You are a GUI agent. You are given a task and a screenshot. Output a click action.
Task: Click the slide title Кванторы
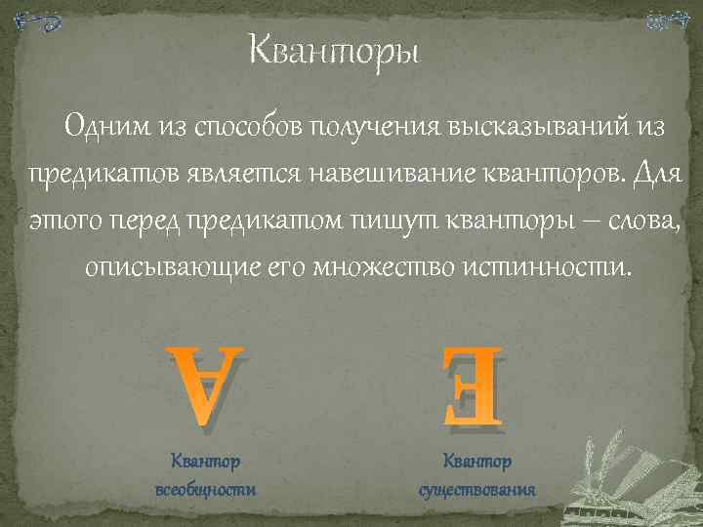[333, 48]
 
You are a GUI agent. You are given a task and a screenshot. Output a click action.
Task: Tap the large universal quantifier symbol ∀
[205, 385]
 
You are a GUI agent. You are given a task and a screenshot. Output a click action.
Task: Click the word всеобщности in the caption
[205, 488]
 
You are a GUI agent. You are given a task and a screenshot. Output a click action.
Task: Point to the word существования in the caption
[476, 488]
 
